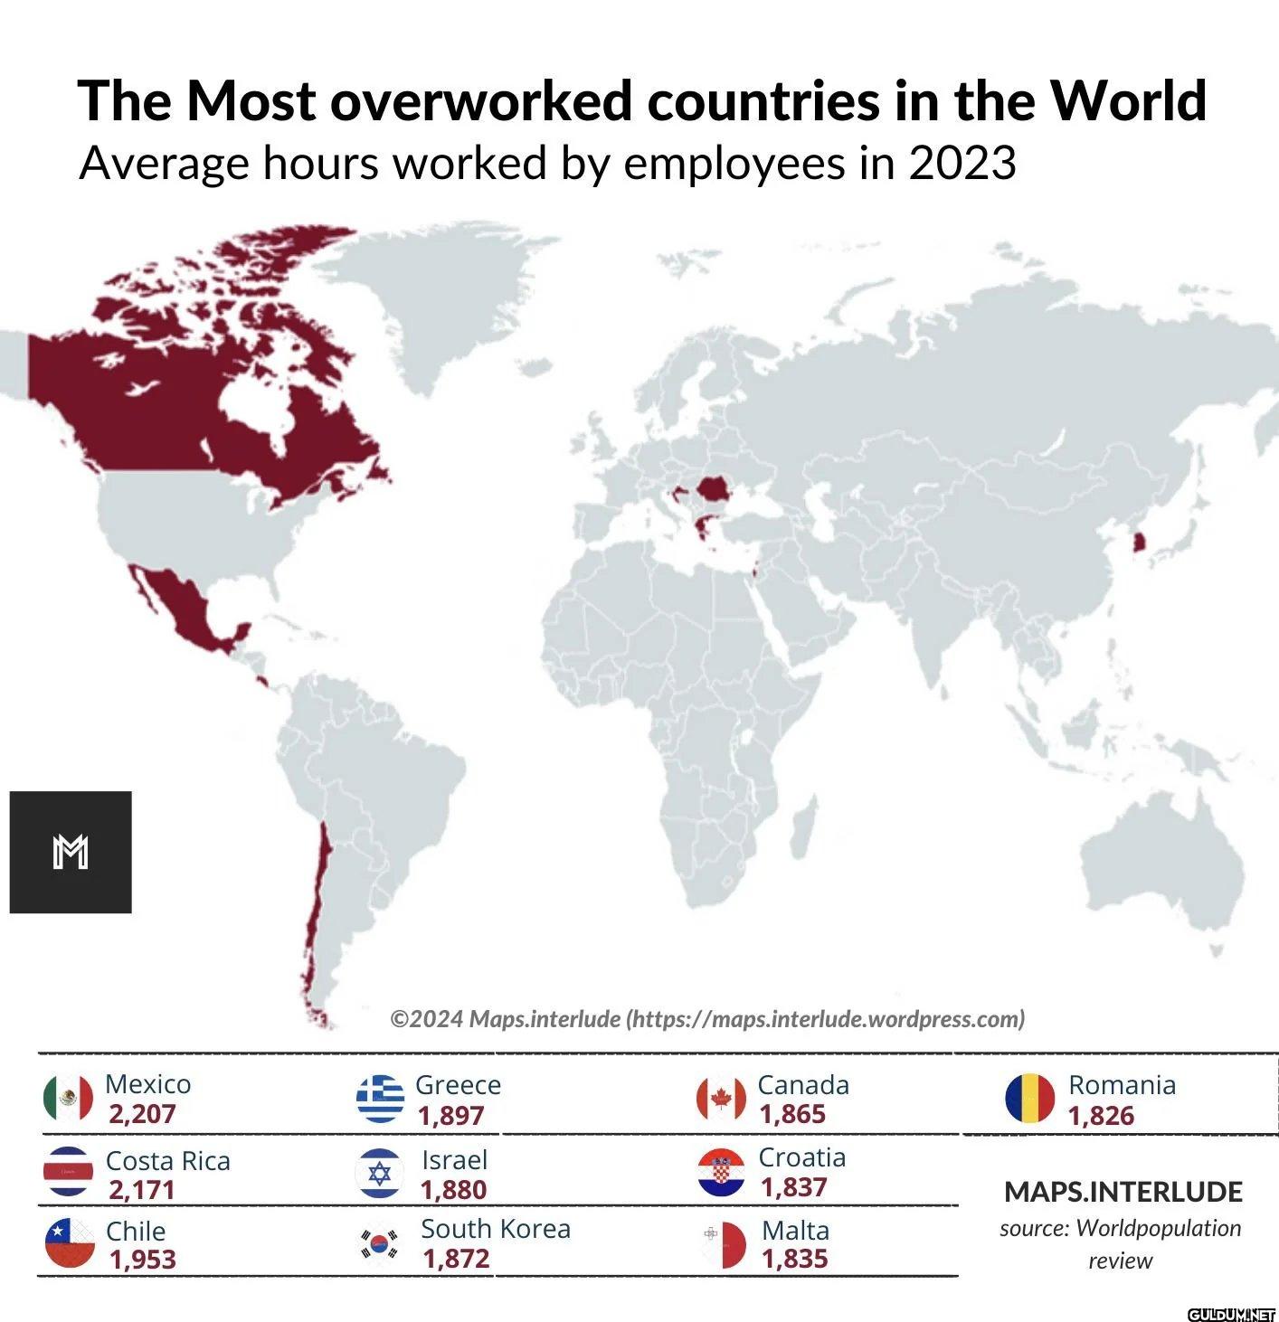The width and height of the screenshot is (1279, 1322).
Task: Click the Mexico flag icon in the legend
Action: coord(68,1098)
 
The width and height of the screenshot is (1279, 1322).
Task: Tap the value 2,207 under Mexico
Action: coord(142,1114)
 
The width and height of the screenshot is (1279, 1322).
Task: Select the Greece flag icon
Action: coord(380,1099)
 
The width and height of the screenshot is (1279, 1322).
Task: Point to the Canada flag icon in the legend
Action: coord(721,1099)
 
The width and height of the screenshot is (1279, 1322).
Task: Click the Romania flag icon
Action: coord(1029,1099)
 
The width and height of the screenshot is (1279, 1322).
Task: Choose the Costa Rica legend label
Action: coord(167,1160)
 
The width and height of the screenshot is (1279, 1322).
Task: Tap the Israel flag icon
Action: coord(380,1174)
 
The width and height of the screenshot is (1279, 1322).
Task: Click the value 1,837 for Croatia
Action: coord(793,1187)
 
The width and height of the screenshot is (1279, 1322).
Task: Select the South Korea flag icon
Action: coord(380,1244)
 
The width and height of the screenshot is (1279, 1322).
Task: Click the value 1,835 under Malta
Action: coord(794,1259)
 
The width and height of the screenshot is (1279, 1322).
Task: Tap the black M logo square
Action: coord(71,852)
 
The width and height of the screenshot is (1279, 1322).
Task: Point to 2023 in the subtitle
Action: coord(962,164)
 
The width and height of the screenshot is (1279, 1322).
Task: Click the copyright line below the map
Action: coord(707,1019)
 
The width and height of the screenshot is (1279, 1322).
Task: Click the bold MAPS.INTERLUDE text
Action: coord(1123,1192)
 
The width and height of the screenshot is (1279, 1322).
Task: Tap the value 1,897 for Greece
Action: coord(450,1116)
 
